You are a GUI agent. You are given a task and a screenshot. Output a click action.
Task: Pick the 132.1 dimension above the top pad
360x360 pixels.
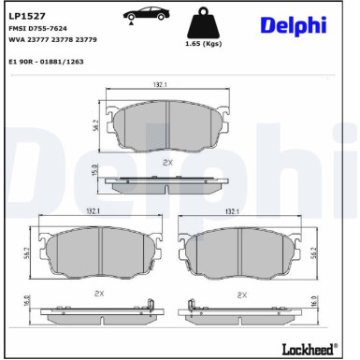click(x=160, y=85)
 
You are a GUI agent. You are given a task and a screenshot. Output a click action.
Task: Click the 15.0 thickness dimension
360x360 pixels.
click(x=94, y=171)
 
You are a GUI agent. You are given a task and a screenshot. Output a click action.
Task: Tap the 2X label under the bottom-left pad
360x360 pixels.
click(x=99, y=294)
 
